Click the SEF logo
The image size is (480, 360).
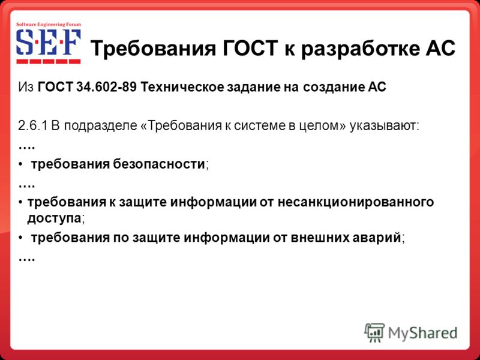(x=49, y=43)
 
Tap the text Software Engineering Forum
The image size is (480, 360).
(x=49, y=25)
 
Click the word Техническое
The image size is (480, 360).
(x=182, y=87)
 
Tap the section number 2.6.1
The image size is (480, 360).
(x=32, y=126)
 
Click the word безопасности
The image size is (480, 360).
(x=159, y=164)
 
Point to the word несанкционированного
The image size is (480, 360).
(x=356, y=203)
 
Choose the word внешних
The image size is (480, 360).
(x=319, y=238)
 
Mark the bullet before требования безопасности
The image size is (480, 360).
(x=20, y=165)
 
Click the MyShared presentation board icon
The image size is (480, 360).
(x=374, y=332)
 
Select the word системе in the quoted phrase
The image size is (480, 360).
(x=260, y=126)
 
